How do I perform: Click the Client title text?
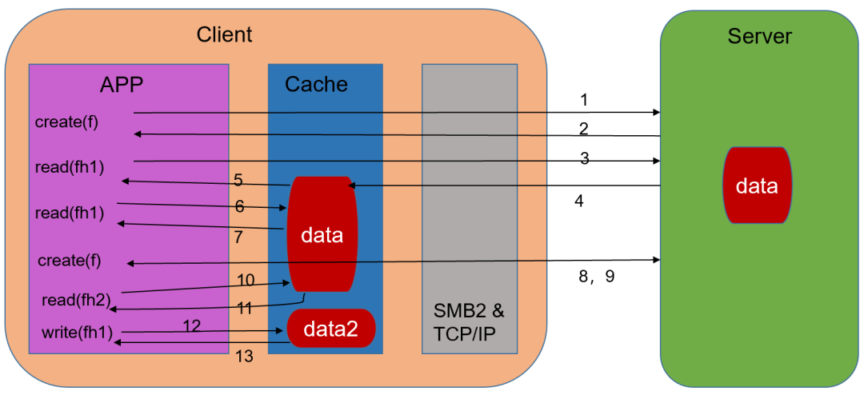[x=224, y=34]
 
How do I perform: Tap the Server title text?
[x=759, y=36]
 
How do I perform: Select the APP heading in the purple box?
[x=122, y=85]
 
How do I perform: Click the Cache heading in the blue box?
[x=316, y=84]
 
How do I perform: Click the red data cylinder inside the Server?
[x=757, y=186]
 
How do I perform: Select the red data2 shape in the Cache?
[x=331, y=328]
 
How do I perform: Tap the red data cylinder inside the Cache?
[x=322, y=235]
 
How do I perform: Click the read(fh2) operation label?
[x=76, y=301]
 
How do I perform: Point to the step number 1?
[x=584, y=100]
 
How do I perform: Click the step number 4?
[x=579, y=201]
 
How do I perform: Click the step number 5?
[x=238, y=180]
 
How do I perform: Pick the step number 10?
[x=246, y=280]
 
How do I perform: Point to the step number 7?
[x=238, y=237]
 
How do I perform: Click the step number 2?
[x=584, y=128]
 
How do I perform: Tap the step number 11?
[x=245, y=308]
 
